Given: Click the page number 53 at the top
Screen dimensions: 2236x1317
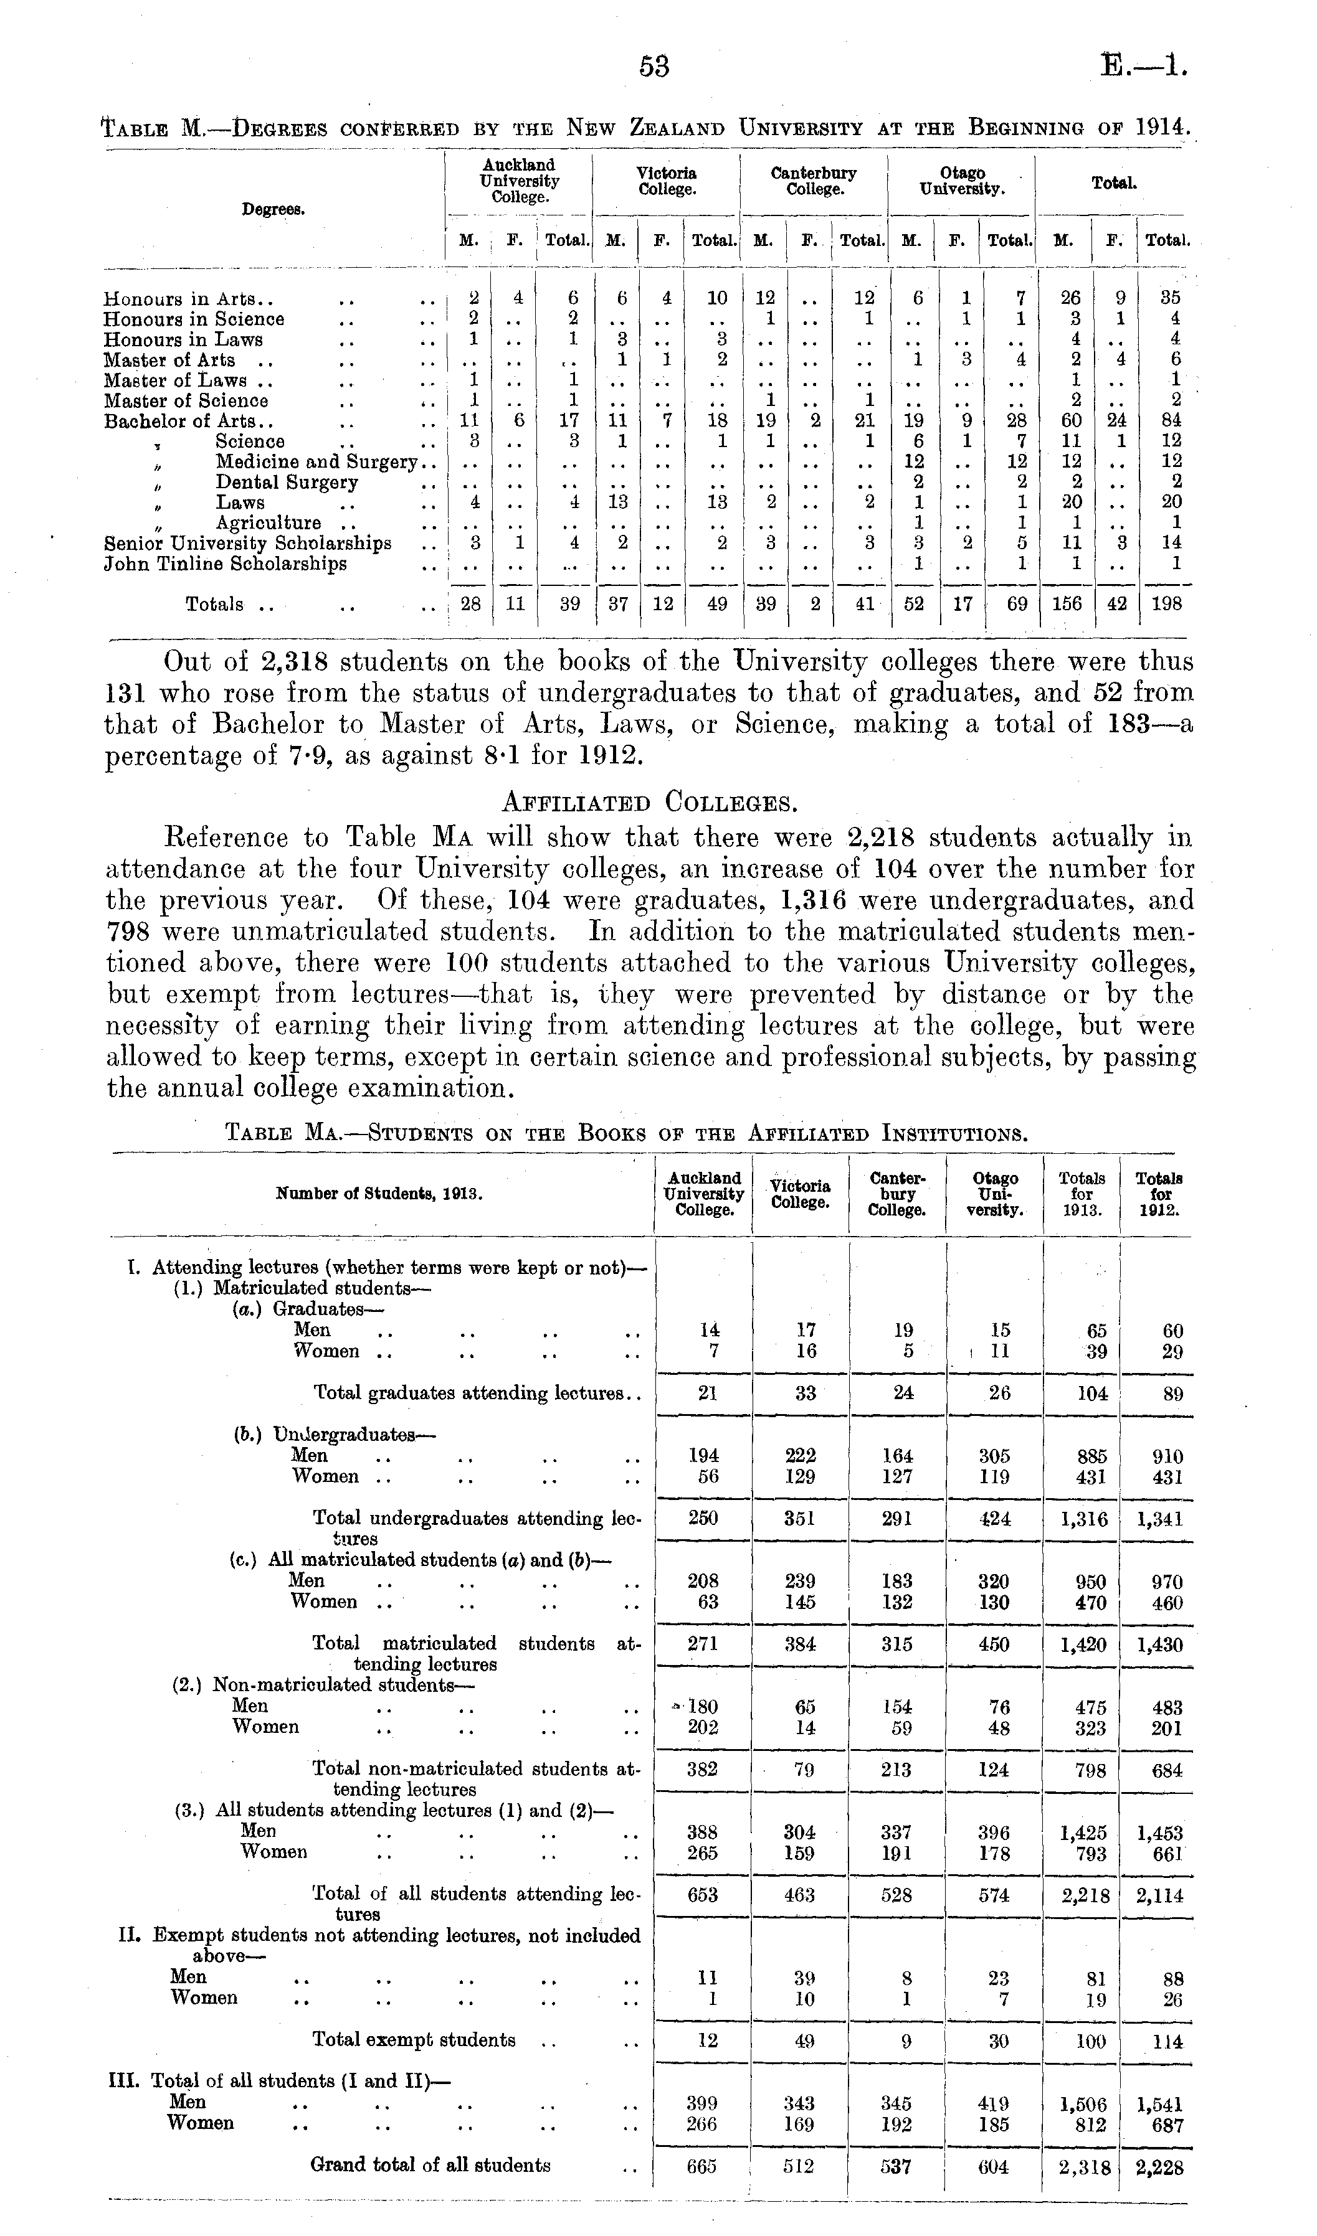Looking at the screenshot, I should pyautogui.click(x=654, y=67).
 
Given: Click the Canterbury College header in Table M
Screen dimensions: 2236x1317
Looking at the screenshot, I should pyautogui.click(x=814, y=181).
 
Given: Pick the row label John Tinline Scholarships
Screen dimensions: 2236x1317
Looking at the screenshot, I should pyautogui.click(x=226, y=564).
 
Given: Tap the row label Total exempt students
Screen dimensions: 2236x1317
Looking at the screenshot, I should pyautogui.click(x=414, y=2040).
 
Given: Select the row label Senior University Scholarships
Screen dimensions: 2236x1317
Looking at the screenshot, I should pyautogui.click(x=247, y=543).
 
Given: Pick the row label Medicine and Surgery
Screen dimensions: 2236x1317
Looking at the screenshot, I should pyautogui.click(x=316, y=462).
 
